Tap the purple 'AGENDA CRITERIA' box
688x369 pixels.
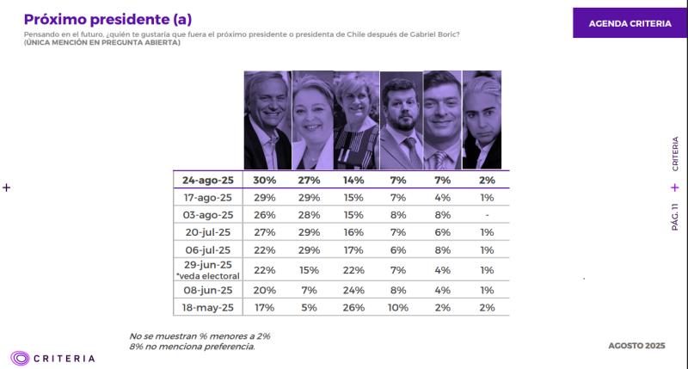pyautogui.click(x=630, y=23)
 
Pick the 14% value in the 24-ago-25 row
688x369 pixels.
pyautogui.click(x=353, y=180)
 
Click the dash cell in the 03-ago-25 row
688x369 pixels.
pyautogui.click(x=487, y=216)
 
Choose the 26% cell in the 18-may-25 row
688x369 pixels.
pyautogui.click(x=353, y=307)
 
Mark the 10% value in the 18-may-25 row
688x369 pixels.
pyautogui.click(x=397, y=307)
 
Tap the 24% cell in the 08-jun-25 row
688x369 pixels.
pyautogui.click(x=353, y=289)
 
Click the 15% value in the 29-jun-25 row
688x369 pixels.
pyautogui.click(x=309, y=270)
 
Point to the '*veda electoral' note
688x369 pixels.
pyautogui.click(x=206, y=276)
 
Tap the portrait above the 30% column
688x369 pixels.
pyautogui.click(x=267, y=120)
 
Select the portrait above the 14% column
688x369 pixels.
pyautogui.click(x=356, y=120)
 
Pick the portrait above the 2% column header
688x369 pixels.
pyautogui.click(x=482, y=120)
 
